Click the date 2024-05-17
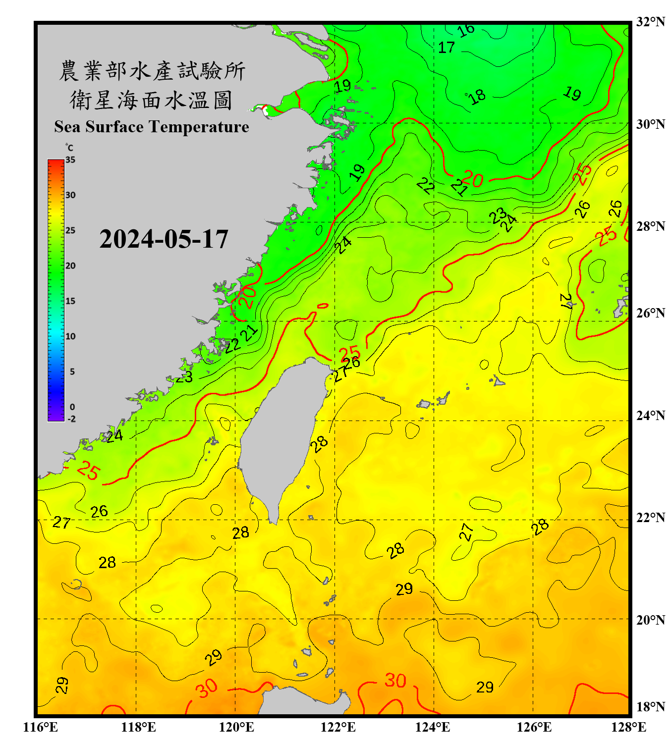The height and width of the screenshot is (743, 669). tap(164, 239)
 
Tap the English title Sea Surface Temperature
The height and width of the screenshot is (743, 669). tap(152, 127)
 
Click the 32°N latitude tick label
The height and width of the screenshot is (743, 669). tap(650, 22)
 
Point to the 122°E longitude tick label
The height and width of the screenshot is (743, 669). tap(338, 727)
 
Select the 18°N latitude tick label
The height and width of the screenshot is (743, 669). tap(650, 706)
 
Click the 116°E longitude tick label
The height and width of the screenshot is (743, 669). tap(41, 727)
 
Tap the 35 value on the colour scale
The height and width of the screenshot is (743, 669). tap(70, 160)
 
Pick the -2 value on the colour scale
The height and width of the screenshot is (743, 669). tap(71, 419)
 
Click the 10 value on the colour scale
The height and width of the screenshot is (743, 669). tap(70, 336)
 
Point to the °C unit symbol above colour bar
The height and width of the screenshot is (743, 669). tap(69, 148)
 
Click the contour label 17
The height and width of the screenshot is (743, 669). tap(446, 48)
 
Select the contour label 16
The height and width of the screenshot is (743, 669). tap(466, 31)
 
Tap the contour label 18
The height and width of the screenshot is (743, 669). tap(477, 97)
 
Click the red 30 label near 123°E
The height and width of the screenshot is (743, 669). tap(395, 681)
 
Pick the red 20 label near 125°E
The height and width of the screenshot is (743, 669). tap(474, 179)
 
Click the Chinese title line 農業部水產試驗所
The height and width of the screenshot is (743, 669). tap(152, 71)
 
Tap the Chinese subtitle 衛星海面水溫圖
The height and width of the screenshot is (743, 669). tap(152, 101)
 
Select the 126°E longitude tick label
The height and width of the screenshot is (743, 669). tap(534, 727)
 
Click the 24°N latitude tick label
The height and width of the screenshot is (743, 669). tap(650, 415)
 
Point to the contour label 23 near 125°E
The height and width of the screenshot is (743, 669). tap(498, 215)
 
